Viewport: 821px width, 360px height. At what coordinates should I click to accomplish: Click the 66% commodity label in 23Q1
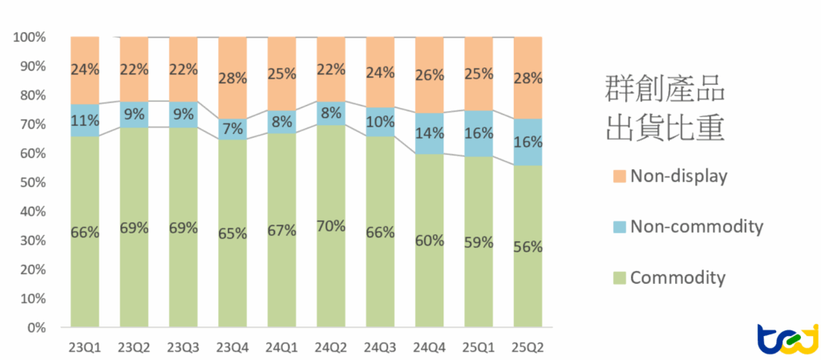tap(84, 233)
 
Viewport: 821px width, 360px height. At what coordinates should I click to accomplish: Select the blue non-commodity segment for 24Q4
tap(429, 134)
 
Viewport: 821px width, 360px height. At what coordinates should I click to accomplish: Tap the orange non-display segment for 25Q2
tap(528, 78)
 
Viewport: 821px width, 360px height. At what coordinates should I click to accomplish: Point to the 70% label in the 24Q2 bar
tap(330, 226)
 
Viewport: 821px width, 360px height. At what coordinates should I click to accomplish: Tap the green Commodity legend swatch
tap(617, 279)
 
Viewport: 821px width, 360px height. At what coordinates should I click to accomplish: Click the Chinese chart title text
tap(663, 107)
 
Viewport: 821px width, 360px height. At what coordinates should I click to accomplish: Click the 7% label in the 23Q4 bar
tap(232, 129)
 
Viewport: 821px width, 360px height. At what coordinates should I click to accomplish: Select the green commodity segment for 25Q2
tap(528, 246)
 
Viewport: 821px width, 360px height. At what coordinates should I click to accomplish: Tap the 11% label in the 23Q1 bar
tap(84, 122)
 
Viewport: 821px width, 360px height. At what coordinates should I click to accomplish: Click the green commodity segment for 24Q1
tap(281, 231)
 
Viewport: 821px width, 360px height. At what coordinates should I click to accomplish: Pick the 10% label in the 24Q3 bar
tap(380, 122)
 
